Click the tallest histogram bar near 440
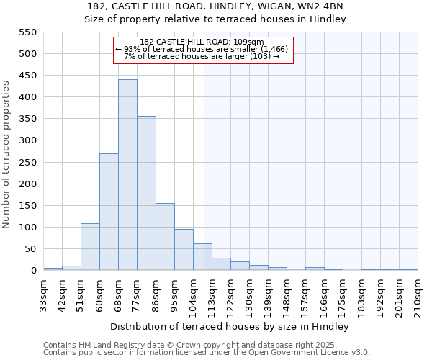tap(127, 175)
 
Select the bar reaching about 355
tap(146, 193)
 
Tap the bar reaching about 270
tap(109, 212)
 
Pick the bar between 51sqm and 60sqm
tap(90, 247)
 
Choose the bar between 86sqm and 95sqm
tap(165, 237)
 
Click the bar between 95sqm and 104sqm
tap(184, 250)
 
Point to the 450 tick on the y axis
tap(27, 75)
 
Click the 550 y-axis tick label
tap(27, 32)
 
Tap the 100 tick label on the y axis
tap(27, 227)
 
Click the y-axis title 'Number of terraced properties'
tap(7, 155)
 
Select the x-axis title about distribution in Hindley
tap(230, 326)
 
